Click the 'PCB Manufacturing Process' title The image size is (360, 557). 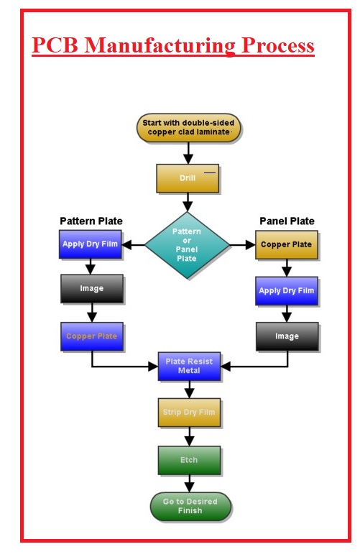(173, 46)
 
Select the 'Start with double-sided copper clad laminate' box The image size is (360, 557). (188, 128)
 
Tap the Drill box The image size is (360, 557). (188, 178)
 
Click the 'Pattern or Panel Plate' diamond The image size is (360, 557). (187, 244)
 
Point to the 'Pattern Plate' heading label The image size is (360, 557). (91, 221)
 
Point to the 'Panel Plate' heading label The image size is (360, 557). (285, 221)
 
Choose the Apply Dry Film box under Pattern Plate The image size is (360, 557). (91, 244)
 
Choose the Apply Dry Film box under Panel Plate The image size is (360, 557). (286, 291)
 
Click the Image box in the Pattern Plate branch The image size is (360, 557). (91, 289)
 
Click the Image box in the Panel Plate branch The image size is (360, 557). (287, 336)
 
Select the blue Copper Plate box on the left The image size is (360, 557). (91, 336)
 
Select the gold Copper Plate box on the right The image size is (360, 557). (286, 244)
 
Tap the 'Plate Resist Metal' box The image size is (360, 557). (189, 366)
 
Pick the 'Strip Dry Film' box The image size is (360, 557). (189, 412)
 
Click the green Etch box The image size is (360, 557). (189, 460)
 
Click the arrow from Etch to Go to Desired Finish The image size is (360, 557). (190, 483)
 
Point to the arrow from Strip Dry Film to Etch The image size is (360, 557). (190, 436)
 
